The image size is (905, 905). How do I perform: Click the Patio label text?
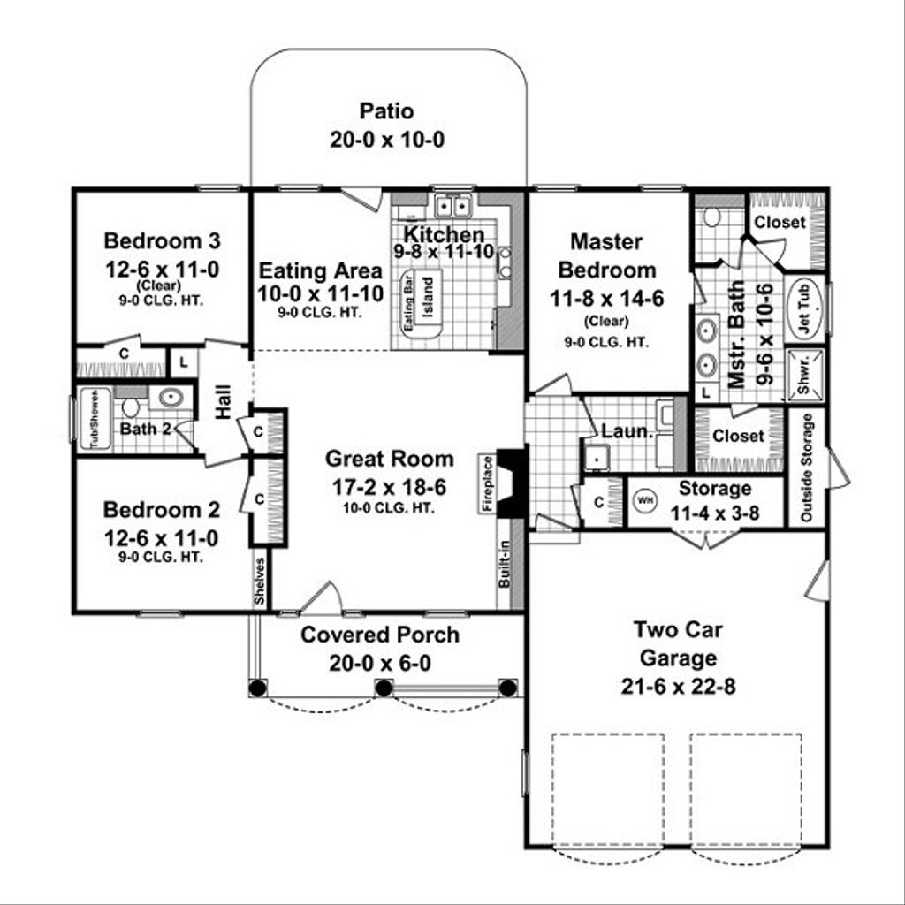pos(387,111)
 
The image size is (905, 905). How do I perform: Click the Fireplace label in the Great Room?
pos(485,483)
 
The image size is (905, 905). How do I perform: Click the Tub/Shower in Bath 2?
pos(93,419)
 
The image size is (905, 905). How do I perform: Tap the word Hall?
pos(222,400)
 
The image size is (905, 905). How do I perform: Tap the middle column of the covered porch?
pos(383,687)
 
